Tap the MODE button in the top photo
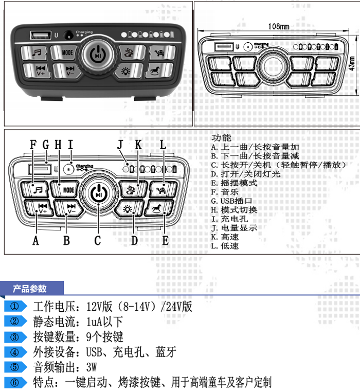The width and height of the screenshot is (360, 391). coord(67,52)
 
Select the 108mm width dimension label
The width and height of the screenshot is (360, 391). coord(278,26)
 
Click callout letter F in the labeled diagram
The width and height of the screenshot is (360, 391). coord(33,145)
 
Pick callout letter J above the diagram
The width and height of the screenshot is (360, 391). coord(120,145)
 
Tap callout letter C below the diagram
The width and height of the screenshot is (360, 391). coord(97,240)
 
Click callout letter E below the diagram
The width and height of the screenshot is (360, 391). coord(165,240)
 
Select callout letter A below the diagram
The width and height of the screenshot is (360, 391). coord(35,240)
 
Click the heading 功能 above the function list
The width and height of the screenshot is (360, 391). coord(221,138)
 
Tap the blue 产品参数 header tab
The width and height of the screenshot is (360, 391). coord(30,289)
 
